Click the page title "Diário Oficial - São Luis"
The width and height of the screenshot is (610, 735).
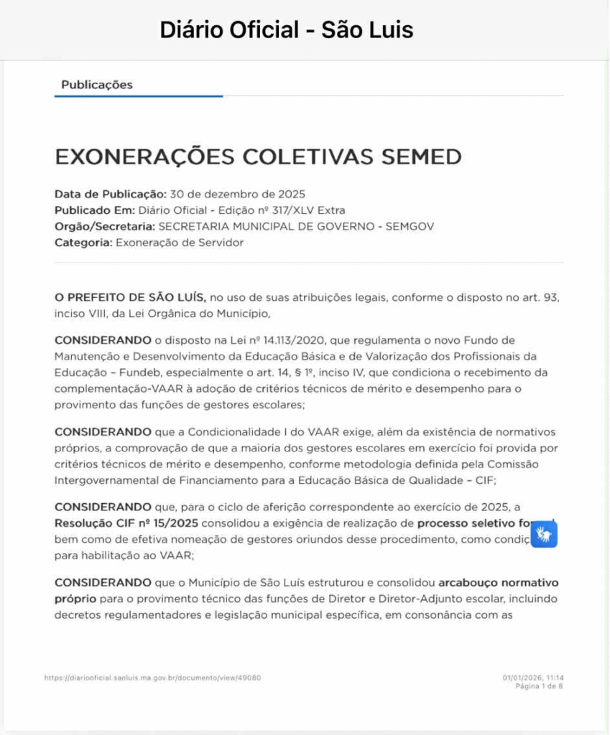point(286,30)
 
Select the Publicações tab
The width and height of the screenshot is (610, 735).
point(97,85)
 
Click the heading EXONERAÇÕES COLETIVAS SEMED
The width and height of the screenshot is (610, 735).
point(258,156)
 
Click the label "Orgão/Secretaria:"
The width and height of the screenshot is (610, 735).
point(105,226)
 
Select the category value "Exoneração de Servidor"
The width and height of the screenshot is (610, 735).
point(179,243)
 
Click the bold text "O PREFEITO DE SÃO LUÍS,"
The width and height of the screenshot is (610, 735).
point(130,297)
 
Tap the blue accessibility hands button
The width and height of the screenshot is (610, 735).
point(544,535)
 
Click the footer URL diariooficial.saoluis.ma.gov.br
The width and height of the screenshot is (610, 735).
point(152,677)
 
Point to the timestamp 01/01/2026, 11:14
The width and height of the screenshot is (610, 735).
point(532,677)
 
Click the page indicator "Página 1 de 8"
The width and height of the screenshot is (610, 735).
point(539,686)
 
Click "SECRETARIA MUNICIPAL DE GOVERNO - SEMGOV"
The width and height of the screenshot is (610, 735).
point(296,226)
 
